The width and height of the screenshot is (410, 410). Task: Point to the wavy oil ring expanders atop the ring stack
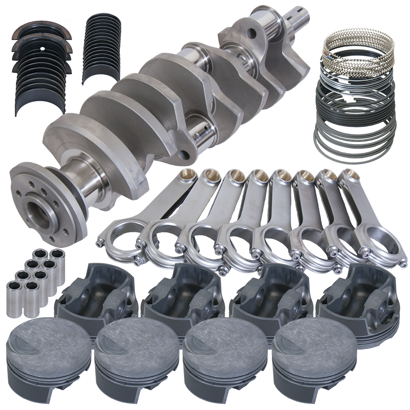click(358, 46)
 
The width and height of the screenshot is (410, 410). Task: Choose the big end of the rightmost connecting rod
click(380, 246)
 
